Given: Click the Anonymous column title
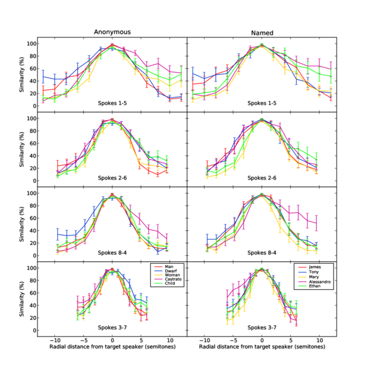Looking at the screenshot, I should click(112, 31).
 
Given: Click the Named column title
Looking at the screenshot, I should click(262, 31).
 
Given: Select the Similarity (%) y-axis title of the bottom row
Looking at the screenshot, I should click(22, 299).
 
